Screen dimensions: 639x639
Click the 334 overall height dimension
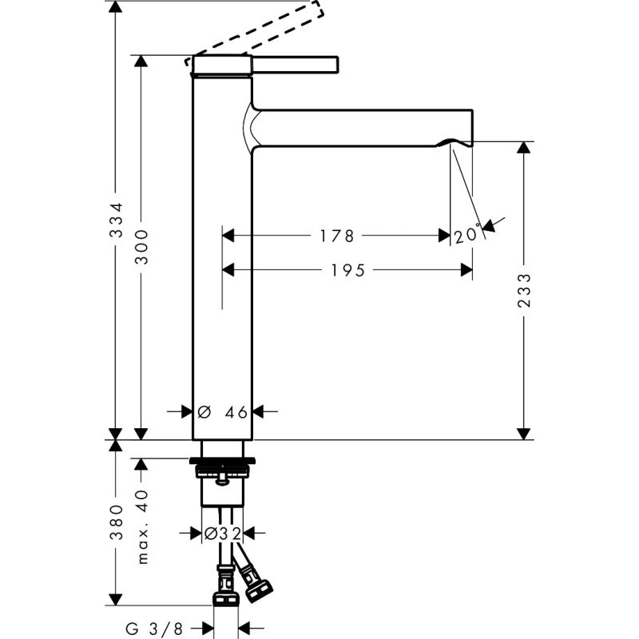(x=116, y=221)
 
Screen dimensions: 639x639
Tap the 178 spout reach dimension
(x=335, y=236)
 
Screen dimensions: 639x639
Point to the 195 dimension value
(x=347, y=271)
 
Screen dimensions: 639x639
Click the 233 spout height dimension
(x=524, y=292)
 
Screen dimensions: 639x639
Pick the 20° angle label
(x=469, y=235)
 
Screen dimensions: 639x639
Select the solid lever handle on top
(x=296, y=63)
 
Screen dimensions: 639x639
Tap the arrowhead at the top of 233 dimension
(x=524, y=149)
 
